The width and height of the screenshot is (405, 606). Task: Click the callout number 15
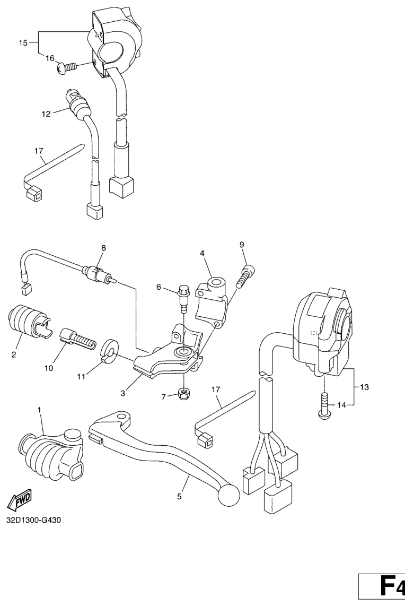pos(23,42)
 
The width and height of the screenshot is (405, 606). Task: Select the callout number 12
pos(46,114)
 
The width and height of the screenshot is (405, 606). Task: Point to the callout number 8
pos(103,248)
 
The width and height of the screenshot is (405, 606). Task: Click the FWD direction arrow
pos(19,501)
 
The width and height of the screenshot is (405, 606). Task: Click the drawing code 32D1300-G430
pos(33,520)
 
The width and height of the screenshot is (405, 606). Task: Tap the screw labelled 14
pos(324,405)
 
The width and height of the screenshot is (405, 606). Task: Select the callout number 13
pos(364,387)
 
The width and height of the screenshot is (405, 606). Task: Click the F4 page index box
pos(382,587)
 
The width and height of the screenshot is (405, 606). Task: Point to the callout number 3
pos(123,393)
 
